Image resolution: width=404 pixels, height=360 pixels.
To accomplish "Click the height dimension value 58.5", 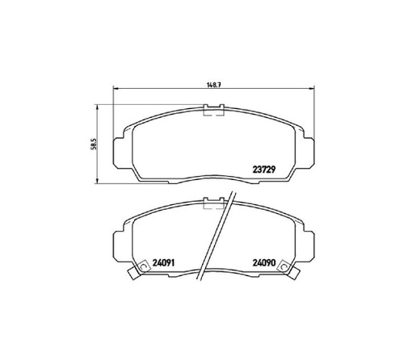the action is (x=95, y=144).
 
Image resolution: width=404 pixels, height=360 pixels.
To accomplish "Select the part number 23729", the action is (x=264, y=170).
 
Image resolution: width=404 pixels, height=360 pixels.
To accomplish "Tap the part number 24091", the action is (x=164, y=262).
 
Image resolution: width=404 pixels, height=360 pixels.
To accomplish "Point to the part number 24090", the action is (x=264, y=262).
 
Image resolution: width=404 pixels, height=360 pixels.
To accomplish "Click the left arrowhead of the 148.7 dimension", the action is (x=116, y=88).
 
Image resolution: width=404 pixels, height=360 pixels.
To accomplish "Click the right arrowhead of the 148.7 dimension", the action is (x=312, y=88).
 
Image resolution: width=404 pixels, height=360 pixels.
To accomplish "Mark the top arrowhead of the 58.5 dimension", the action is (x=97, y=107).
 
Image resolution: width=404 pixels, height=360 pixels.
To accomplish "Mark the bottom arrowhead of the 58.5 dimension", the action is (x=97, y=181).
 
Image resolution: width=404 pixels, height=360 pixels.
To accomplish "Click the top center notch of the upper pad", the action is (x=214, y=110).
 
